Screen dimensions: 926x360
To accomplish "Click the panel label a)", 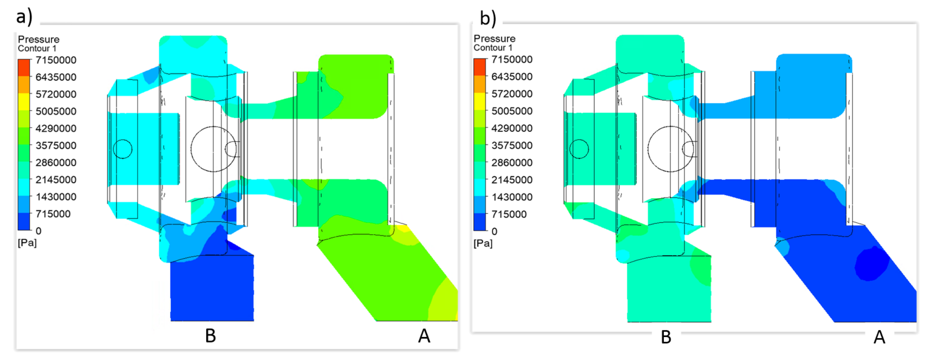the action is point(24,16).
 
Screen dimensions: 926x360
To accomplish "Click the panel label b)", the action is point(488,18).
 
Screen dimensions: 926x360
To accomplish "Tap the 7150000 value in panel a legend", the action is point(56,60).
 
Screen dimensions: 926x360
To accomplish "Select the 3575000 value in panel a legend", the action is point(56,145).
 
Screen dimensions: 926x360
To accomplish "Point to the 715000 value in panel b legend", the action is point(509,214).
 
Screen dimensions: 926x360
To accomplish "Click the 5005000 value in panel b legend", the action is point(511,111).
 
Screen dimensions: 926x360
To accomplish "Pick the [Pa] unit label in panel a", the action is point(27,243).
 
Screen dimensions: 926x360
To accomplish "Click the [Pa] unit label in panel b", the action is point(483,243).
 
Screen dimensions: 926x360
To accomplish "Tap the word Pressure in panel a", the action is point(39,39).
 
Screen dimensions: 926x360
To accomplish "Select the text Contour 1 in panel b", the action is point(492,48).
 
